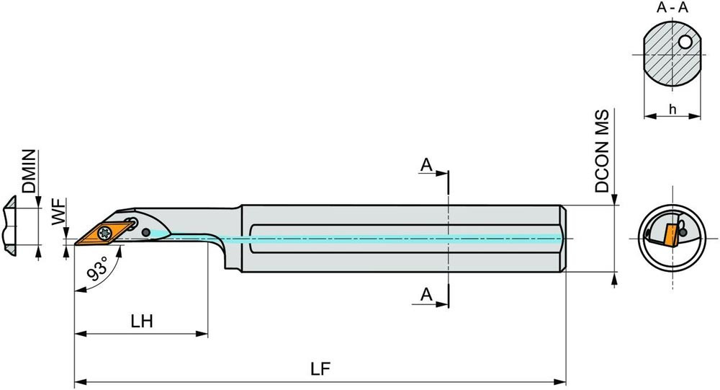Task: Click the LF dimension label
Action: (320, 369)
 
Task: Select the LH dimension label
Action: (142, 322)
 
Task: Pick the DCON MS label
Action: (603, 151)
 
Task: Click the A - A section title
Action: (671, 9)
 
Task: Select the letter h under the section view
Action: (672, 109)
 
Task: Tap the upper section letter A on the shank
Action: (426, 166)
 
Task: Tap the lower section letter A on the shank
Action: (426, 294)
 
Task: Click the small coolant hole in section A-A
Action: (686, 43)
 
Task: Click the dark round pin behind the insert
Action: (147, 232)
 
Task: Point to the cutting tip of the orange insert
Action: (76, 244)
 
